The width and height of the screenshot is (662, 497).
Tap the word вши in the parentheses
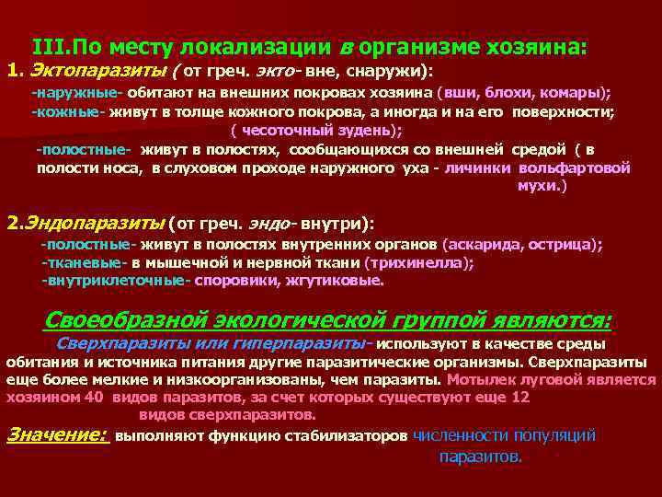pyautogui.click(x=459, y=94)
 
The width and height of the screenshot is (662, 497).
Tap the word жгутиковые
pyautogui.click(x=337, y=280)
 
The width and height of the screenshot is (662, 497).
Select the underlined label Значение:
pyautogui.click(x=57, y=434)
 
